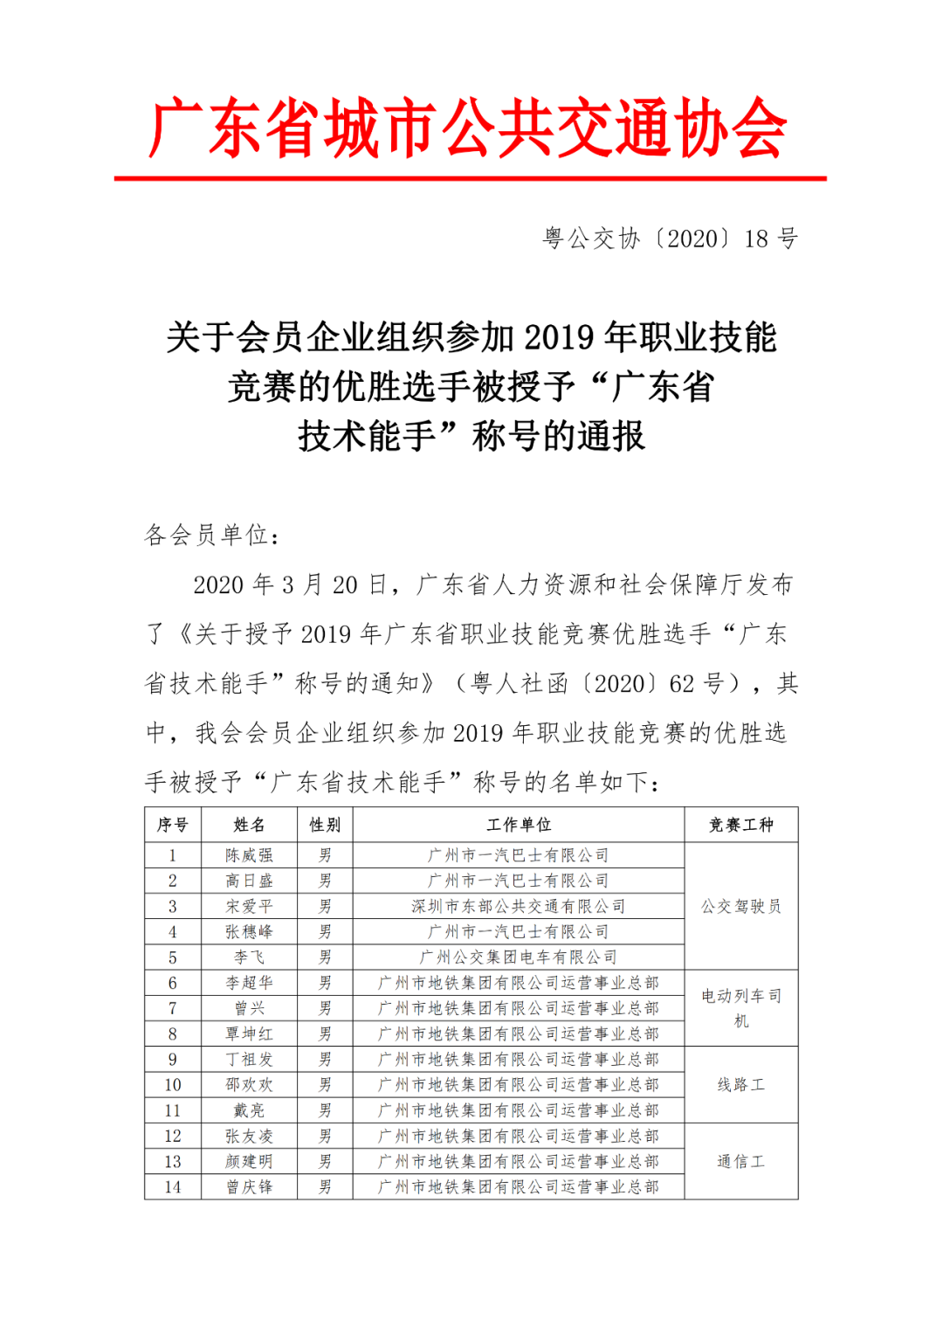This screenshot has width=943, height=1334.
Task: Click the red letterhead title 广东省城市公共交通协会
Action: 469,129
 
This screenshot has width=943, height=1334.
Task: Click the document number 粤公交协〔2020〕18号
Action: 670,238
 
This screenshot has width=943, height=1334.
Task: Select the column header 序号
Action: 173,825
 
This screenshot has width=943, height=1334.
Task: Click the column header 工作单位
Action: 519,825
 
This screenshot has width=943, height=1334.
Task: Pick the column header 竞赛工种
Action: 740,825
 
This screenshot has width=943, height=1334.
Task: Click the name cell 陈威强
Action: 249,855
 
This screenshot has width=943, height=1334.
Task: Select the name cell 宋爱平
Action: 249,906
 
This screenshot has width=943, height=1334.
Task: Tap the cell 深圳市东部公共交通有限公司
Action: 519,906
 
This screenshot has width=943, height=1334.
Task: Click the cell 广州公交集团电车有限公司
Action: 519,957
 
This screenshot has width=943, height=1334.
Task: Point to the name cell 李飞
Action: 249,957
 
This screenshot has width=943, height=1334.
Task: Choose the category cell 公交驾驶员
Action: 740,906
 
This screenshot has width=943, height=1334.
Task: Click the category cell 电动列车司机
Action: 740,1007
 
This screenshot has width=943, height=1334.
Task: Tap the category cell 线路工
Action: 740,1085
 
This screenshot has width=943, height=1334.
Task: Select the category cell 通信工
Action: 740,1161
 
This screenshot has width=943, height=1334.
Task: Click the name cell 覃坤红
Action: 249,1033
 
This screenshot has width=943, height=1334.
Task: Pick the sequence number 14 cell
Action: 173,1186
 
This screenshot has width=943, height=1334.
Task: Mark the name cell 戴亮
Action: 249,1110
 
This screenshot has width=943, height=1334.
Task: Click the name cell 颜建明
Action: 249,1161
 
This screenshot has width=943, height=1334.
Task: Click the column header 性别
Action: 325,825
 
